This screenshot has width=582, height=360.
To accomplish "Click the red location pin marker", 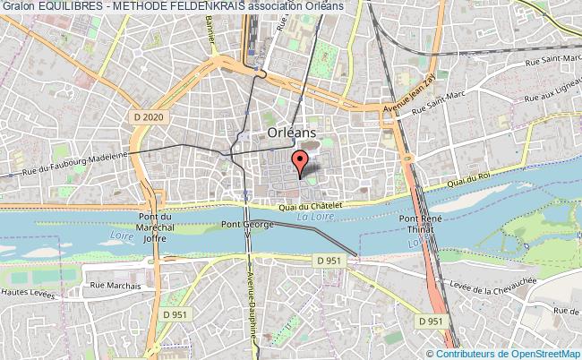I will click(x=301, y=161).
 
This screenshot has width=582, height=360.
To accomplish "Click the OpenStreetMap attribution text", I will click(x=528, y=354).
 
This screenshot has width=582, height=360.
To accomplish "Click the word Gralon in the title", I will click(x=18, y=7).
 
